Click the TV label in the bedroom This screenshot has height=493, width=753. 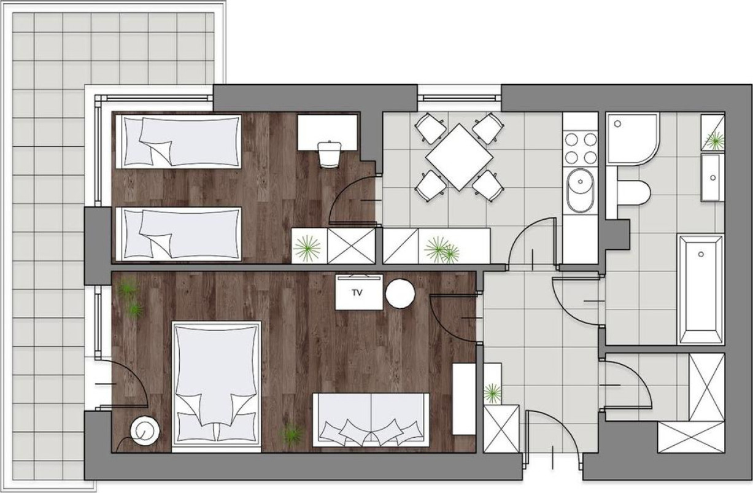click(357, 293)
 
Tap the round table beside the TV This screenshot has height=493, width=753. click(400, 293)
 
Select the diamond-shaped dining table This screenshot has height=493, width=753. click(459, 157)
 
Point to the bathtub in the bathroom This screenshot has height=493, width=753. click(701, 290)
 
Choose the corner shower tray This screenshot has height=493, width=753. click(632, 139)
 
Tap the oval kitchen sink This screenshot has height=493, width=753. click(580, 191)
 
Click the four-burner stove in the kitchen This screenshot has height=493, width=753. click(581, 149)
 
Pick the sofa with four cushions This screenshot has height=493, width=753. click(371, 420)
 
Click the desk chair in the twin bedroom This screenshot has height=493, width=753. click(330, 154)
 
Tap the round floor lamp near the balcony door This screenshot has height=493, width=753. click(145, 430)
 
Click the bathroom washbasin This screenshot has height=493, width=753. click(712, 177)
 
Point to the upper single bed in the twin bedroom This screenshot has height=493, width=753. click(179, 142)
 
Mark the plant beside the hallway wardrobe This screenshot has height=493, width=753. click(492, 392)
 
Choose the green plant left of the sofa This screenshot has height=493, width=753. click(292, 435)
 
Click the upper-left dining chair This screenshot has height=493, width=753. click(431, 128)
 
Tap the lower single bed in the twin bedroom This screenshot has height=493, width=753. click(179, 234)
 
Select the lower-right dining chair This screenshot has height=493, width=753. click(488, 186)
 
